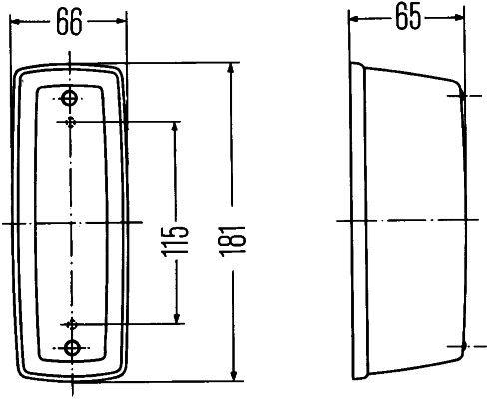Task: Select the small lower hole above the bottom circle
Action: [73, 323]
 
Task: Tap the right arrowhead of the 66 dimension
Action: [123, 25]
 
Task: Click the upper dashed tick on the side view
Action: [462, 96]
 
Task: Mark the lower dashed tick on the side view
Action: [462, 345]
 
